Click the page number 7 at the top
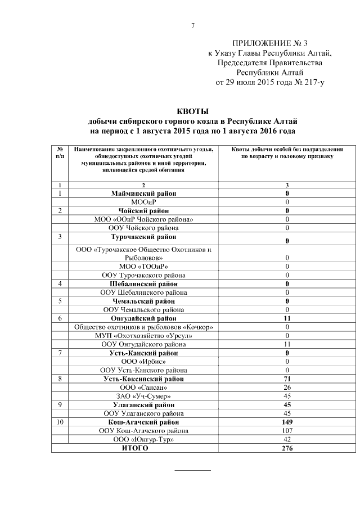[x=192, y=26]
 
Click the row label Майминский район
[x=143, y=193]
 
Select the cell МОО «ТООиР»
[x=143, y=266]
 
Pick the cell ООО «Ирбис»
[x=143, y=361]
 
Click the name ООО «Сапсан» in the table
[x=143, y=388]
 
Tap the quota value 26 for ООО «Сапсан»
[x=287, y=388]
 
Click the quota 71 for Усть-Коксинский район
[x=287, y=379]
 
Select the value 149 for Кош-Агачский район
[x=287, y=422]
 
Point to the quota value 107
[x=287, y=430]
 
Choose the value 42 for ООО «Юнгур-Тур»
[x=287, y=439]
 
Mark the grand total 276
[x=287, y=448]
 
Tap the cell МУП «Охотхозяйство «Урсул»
[x=143, y=335]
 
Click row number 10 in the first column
[x=60, y=422]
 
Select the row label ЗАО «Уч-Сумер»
[x=143, y=396]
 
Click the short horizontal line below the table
[x=192, y=469]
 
